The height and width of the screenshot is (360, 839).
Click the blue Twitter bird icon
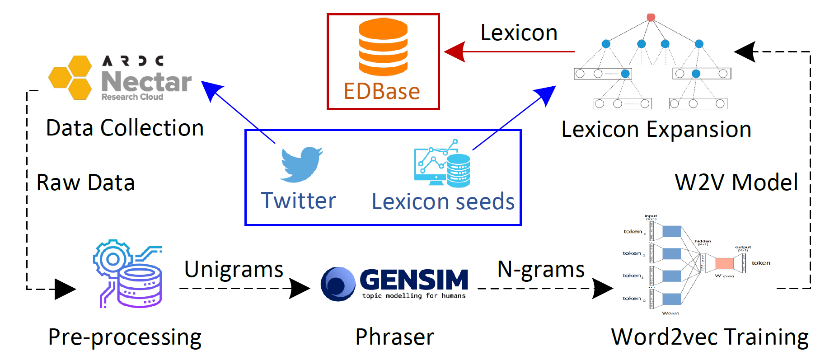click(300, 164)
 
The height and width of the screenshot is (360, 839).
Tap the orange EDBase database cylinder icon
click(383, 47)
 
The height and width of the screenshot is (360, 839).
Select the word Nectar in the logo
click(146, 82)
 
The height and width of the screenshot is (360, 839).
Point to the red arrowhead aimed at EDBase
click(455, 51)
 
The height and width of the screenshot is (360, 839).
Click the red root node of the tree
click(651, 17)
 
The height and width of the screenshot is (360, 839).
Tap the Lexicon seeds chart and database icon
click(442, 164)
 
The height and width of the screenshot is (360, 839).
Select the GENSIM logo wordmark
click(414, 280)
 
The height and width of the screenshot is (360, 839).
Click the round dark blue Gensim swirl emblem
click(337, 284)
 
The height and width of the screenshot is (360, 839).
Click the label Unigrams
click(234, 269)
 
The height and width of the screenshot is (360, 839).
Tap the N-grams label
click(541, 269)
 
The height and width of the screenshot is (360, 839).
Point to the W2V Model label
click(736, 182)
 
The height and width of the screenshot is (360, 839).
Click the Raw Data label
click(86, 182)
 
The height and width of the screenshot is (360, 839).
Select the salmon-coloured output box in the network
click(724, 263)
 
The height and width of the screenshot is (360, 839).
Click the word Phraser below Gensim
click(394, 337)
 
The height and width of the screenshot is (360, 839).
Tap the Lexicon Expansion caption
click(656, 130)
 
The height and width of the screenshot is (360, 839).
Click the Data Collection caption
click(125, 128)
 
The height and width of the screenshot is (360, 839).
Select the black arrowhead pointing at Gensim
click(300, 288)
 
